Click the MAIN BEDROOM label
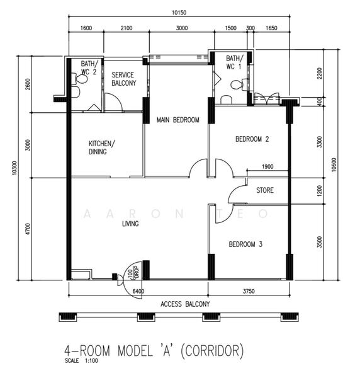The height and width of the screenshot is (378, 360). click(x=178, y=120)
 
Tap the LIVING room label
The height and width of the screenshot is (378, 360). click(x=130, y=224)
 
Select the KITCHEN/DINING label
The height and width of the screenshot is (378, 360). click(x=101, y=147)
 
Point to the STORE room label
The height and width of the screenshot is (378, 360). click(x=265, y=190)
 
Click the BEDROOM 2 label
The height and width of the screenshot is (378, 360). click(x=252, y=139)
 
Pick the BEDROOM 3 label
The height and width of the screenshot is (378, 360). click(x=245, y=244)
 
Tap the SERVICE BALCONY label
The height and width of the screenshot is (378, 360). click(x=124, y=79)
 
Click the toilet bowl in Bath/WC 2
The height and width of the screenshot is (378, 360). click(x=80, y=79)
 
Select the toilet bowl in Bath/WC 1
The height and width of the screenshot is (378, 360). click(x=239, y=85)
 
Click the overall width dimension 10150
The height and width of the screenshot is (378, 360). click(x=179, y=13)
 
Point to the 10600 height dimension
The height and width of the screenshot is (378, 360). click(x=334, y=164)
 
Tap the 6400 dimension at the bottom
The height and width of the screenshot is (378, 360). click(x=138, y=291)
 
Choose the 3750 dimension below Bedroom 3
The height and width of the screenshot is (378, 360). click(x=249, y=291)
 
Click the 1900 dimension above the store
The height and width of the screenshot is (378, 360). click(x=267, y=166)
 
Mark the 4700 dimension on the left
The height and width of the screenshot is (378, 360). click(x=28, y=229)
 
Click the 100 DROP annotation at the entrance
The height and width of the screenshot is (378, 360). click(x=133, y=272)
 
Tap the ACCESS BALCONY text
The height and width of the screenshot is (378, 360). click(x=185, y=304)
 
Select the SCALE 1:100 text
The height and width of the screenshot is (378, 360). click(x=81, y=361)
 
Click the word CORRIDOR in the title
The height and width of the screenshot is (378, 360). click(x=212, y=351)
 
